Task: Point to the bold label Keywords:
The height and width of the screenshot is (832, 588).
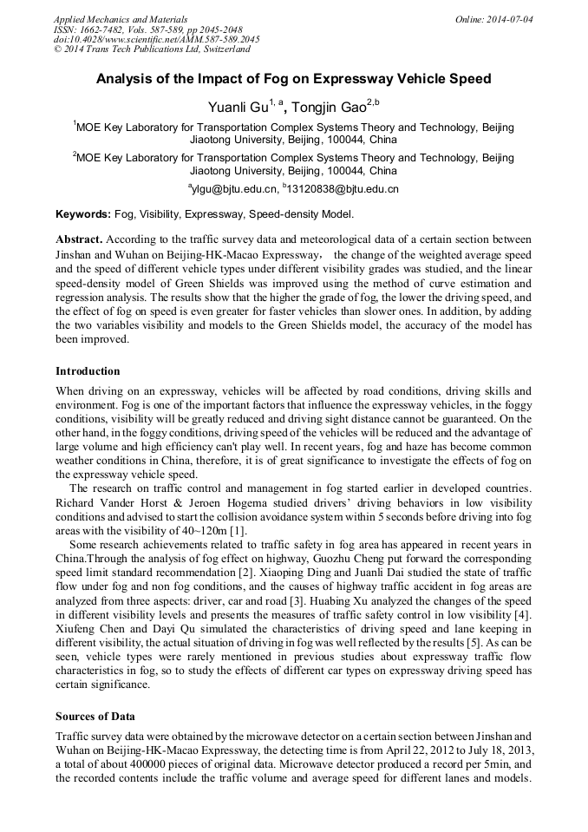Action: tap(83, 213)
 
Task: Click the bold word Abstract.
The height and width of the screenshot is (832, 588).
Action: tap(79, 239)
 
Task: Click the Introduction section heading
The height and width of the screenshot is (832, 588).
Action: tap(88, 371)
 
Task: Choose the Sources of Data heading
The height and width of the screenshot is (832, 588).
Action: tap(95, 717)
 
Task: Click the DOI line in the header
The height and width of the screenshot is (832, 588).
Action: tap(156, 39)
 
